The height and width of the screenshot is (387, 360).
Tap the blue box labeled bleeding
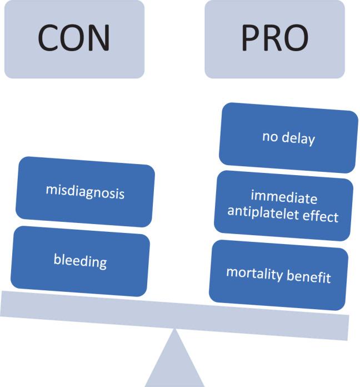80,260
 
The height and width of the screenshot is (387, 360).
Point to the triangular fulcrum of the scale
175,361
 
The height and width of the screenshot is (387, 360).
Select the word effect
322,216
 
